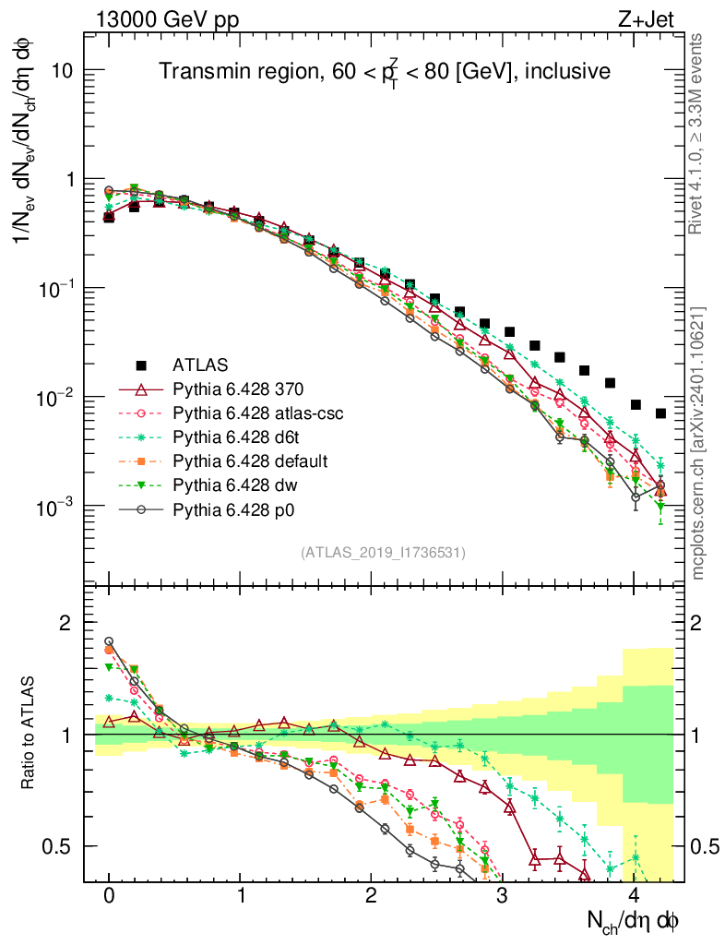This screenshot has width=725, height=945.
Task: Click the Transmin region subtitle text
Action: pyautogui.click(x=384, y=70)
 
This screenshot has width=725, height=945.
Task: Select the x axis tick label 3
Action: pyautogui.click(x=502, y=896)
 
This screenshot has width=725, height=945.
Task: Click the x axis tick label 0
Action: pyautogui.click(x=109, y=896)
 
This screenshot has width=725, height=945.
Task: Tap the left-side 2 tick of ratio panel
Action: pyautogui.click(x=65, y=624)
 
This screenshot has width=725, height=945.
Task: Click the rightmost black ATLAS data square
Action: pyautogui.click(x=660, y=413)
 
